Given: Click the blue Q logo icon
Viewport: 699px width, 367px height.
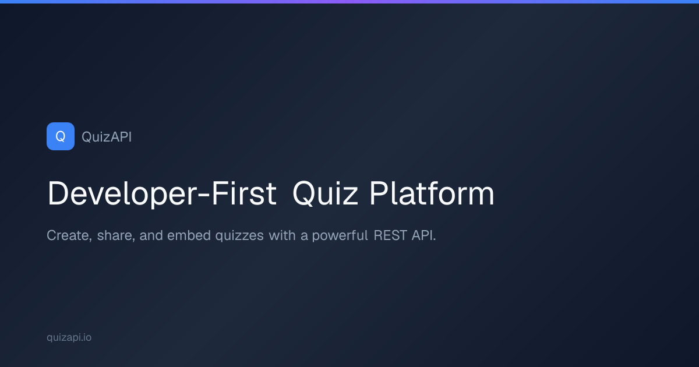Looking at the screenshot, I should [x=61, y=136].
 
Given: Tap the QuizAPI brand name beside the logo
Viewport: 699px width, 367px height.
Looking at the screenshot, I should [x=107, y=137].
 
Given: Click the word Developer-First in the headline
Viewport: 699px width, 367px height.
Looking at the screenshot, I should [x=161, y=194].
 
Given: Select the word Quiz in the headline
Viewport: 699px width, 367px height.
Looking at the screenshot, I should [x=324, y=194].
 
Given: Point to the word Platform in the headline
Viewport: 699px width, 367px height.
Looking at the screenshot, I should [x=432, y=194].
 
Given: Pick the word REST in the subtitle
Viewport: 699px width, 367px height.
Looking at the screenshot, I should [x=389, y=236].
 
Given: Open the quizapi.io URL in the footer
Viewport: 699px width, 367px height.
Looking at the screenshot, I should [x=69, y=337].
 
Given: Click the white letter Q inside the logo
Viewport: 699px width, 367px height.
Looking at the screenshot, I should [x=61, y=136].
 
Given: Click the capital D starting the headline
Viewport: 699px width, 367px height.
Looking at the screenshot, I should [x=56, y=194].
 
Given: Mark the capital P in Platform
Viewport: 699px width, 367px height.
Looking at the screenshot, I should [x=377, y=194].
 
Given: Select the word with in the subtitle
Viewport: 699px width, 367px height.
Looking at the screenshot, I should [x=282, y=236].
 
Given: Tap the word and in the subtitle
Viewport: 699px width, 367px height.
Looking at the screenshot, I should [x=151, y=236].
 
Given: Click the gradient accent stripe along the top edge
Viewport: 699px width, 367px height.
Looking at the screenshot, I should [x=349, y=2].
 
